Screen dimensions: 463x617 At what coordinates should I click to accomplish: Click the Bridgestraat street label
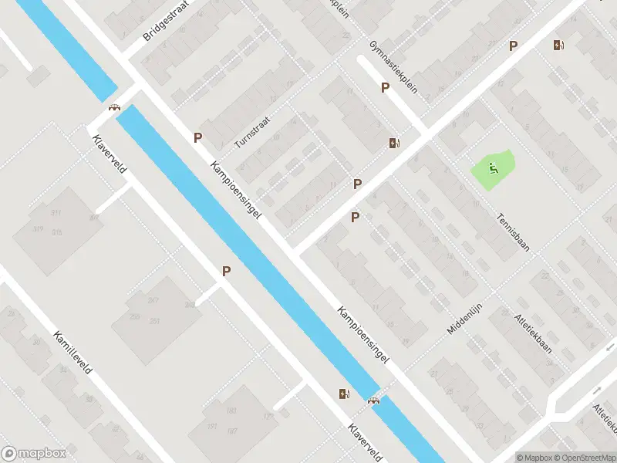click(164, 24)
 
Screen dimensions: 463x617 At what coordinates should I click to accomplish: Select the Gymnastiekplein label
click(393, 66)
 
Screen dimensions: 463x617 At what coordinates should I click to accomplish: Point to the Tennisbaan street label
click(514, 232)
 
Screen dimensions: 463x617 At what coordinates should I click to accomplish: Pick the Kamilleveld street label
click(72, 353)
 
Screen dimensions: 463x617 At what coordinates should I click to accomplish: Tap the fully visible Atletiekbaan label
click(533, 333)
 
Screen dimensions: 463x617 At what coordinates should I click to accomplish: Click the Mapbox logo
click(34, 454)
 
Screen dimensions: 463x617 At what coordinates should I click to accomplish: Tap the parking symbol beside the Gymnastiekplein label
click(385, 88)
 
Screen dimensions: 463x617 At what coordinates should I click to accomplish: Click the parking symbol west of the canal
click(227, 271)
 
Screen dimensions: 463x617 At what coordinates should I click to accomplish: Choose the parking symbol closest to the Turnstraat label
click(198, 138)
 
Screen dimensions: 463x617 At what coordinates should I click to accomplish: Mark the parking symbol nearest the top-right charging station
click(514, 46)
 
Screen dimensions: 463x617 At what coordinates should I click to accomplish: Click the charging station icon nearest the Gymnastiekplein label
click(394, 143)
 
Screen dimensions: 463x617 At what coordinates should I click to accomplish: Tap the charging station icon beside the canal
click(344, 394)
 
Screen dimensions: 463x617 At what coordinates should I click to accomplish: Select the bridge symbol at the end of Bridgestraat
click(115, 108)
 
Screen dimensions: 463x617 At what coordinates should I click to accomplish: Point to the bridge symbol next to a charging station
click(374, 400)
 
